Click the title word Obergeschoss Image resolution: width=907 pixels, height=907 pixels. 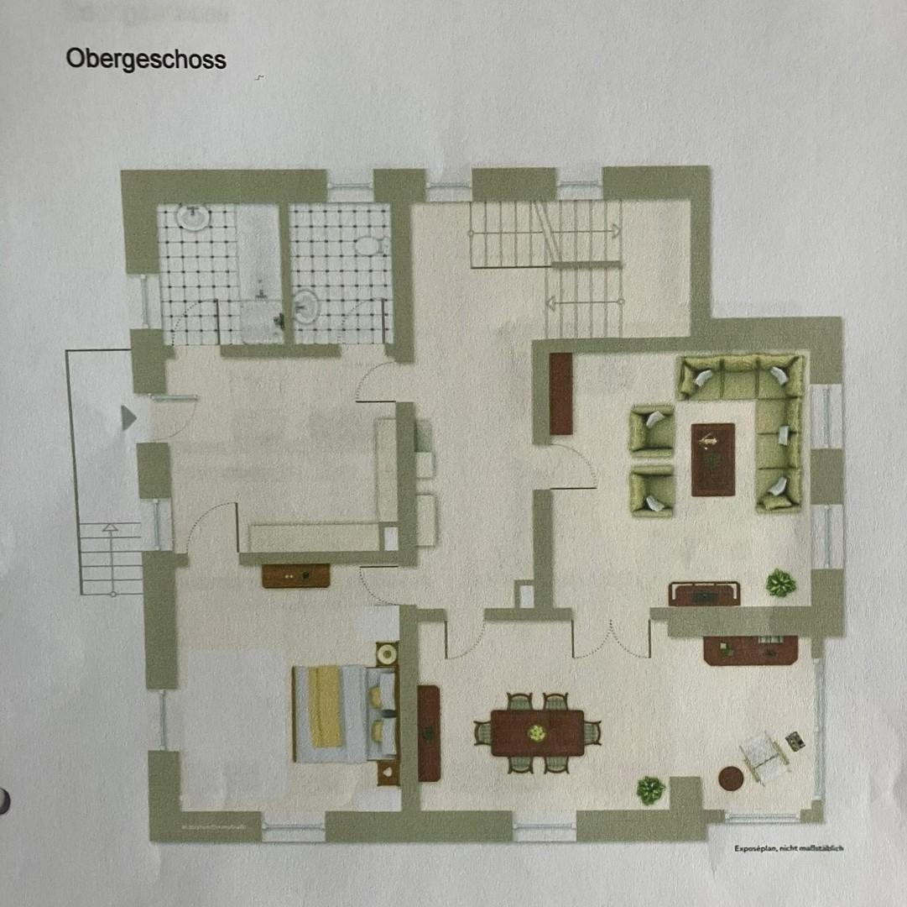click(x=146, y=60)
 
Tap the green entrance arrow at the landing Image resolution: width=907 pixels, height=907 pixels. click(x=128, y=417)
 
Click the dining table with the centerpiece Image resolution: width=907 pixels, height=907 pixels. click(x=537, y=732)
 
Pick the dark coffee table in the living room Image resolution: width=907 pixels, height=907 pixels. click(x=712, y=459)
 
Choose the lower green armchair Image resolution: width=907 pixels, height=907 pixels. click(x=653, y=490)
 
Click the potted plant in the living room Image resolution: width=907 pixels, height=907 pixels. click(x=781, y=583)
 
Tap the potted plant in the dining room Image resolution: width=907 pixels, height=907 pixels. click(x=650, y=789)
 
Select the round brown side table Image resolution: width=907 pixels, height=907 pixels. click(x=731, y=779)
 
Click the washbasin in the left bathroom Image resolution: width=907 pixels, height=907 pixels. click(x=194, y=217)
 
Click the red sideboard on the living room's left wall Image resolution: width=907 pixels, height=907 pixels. click(x=560, y=393)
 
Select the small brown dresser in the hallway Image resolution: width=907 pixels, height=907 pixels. click(x=295, y=575)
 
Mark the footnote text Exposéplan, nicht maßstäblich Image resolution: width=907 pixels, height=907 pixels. click(x=788, y=848)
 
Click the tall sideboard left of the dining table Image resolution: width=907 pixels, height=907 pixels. click(x=429, y=732)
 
